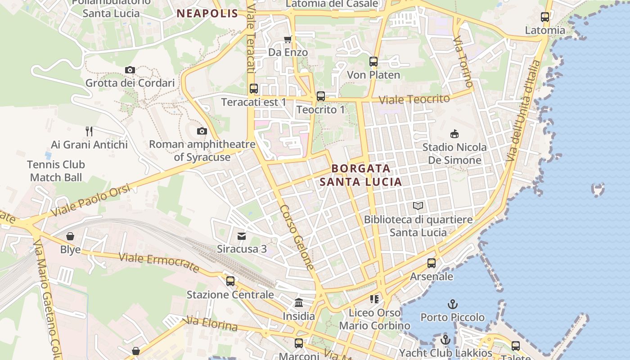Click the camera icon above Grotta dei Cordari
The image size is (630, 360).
[130, 70]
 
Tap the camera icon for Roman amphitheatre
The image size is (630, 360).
[202, 131]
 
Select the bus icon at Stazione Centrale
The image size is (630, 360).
[230, 281]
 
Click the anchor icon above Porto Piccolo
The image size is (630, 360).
[453, 304]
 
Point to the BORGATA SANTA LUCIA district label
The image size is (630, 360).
[360, 175]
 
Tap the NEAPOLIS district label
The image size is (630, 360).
[207, 13]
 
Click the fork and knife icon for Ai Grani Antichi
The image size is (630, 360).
[89, 131]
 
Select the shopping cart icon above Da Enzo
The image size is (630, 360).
[288, 39]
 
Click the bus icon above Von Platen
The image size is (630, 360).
[373, 62]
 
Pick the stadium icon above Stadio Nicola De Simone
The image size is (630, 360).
[454, 134]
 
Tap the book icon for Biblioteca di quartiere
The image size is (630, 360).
[418, 206]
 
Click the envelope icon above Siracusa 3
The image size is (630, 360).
[242, 236]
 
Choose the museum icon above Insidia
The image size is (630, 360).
[299, 303]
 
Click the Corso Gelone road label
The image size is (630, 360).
[297, 237]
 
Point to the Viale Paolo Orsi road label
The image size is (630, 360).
[90, 200]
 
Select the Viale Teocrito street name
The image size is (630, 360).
[414, 99]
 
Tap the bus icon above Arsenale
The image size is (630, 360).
[432, 263]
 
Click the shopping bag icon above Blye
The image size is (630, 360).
[70, 236]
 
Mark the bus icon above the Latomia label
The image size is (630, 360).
[545, 17]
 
